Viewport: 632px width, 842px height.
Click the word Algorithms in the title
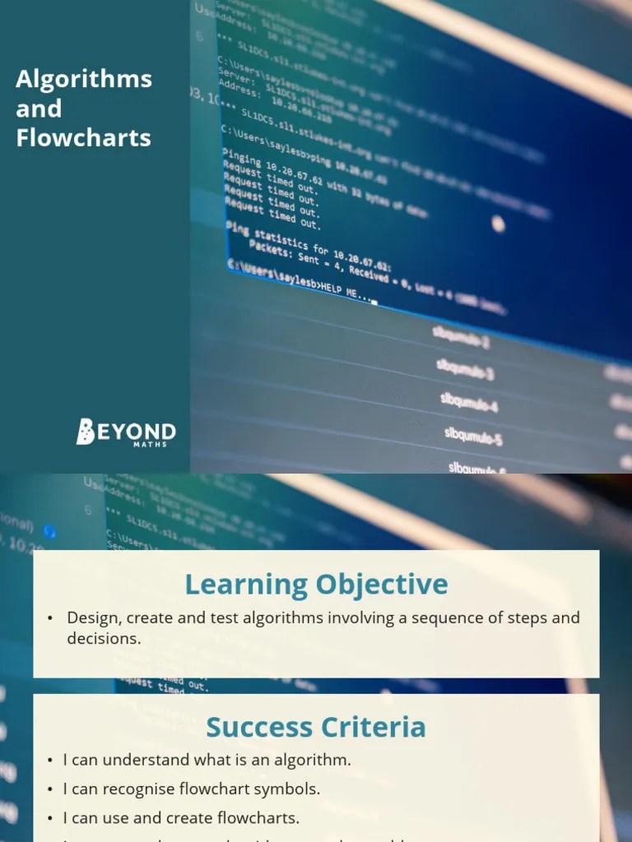click(84, 79)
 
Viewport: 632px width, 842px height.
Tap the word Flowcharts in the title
click(84, 137)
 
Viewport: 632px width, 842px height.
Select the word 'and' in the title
click(39, 109)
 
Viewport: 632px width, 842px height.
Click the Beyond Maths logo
click(126, 432)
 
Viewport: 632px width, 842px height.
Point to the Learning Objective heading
click(316, 585)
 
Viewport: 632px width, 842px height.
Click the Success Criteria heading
click(316, 727)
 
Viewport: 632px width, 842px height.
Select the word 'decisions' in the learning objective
click(103, 638)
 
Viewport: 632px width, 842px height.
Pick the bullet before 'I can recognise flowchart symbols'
click(50, 789)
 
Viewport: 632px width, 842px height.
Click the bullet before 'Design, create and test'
click(50, 618)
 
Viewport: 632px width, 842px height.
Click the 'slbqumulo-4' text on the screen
click(468, 402)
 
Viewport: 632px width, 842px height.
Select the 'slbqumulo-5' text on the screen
click(473, 435)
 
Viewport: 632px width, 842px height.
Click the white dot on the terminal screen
click(498, 223)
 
